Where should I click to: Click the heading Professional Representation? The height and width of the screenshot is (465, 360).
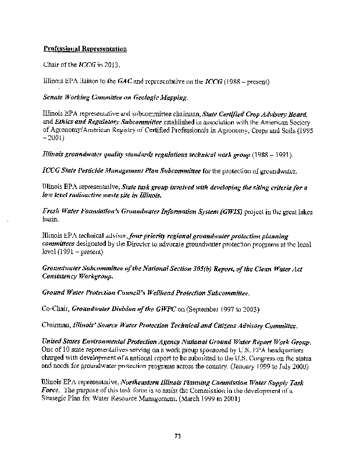point(85,48)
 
